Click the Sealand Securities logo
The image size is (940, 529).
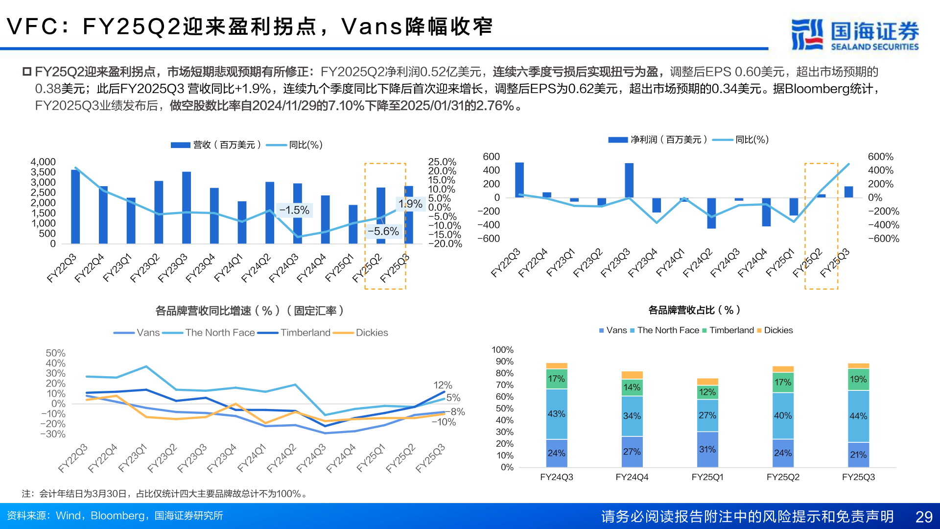click(x=854, y=34)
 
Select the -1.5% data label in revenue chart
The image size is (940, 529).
click(x=294, y=210)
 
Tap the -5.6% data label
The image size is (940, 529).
click(x=383, y=231)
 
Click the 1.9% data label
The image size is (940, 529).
click(x=410, y=204)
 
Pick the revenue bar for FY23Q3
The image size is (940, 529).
click(x=187, y=208)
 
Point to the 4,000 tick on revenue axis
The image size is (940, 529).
click(x=43, y=162)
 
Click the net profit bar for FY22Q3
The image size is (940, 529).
click(x=519, y=180)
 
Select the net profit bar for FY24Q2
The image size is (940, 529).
click(x=711, y=213)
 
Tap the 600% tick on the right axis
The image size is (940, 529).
click(x=880, y=157)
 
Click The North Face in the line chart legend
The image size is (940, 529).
click(x=220, y=333)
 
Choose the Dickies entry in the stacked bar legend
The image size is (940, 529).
click(x=778, y=330)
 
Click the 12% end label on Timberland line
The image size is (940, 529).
click(x=443, y=385)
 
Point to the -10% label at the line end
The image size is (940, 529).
click(x=444, y=422)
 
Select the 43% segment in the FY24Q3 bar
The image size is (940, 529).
click(x=556, y=414)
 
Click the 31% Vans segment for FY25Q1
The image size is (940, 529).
click(x=707, y=449)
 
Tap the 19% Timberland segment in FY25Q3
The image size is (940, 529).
click(x=858, y=379)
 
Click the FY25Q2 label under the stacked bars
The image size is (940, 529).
click(x=782, y=477)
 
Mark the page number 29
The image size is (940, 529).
click(x=923, y=517)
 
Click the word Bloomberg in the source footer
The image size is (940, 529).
click(x=117, y=516)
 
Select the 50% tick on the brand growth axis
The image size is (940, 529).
click(x=55, y=353)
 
